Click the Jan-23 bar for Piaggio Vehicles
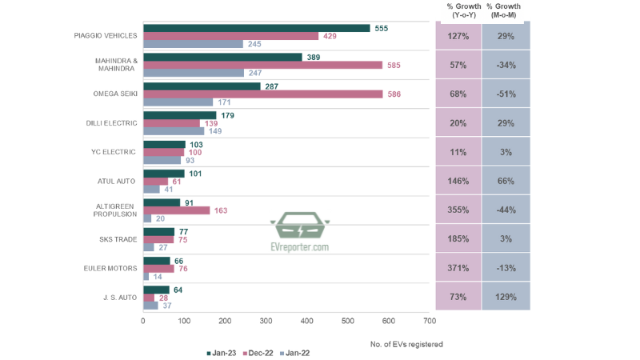(256, 28)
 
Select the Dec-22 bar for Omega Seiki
(262, 94)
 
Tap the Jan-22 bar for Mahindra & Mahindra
(193, 73)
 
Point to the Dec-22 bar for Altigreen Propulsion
(176, 210)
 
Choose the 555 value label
(382, 28)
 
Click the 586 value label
(394, 94)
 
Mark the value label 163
(222, 210)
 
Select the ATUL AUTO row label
(118, 182)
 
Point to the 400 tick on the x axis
(306, 321)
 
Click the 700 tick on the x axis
(430, 321)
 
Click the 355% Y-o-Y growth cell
(458, 210)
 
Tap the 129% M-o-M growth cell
(505, 297)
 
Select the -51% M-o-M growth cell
(505, 94)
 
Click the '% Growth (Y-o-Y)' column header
(459, 10)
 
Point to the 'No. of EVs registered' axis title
(406, 344)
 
